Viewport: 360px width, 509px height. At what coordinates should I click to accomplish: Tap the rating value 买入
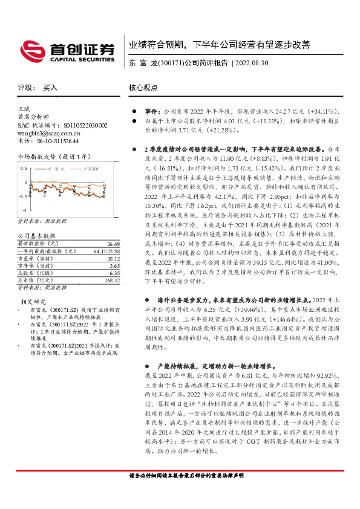(x=50, y=88)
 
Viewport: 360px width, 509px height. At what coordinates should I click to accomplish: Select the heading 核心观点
(x=143, y=88)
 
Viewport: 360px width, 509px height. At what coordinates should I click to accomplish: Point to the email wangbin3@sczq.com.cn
(x=47, y=133)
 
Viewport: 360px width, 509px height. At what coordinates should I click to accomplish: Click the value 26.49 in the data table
(x=113, y=243)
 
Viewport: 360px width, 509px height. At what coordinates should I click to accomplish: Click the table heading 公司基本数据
(x=36, y=236)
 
